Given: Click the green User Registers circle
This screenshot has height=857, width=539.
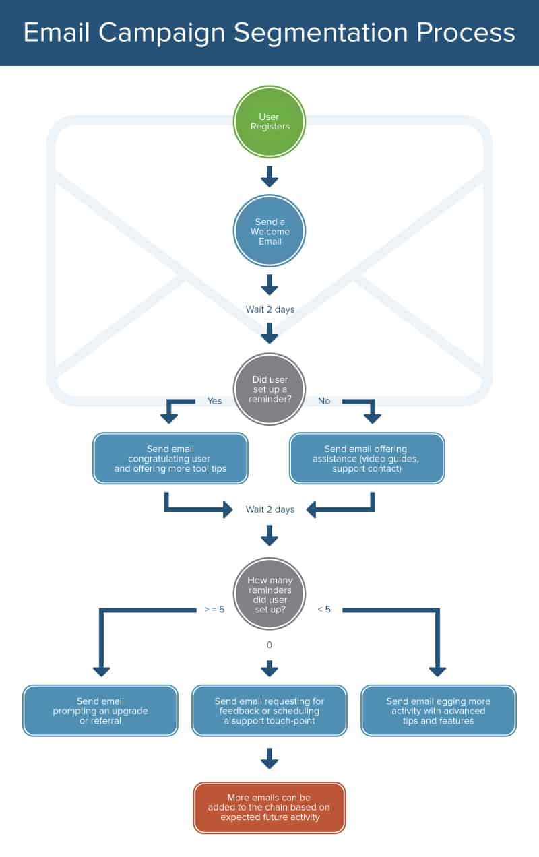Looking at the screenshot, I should [x=269, y=122].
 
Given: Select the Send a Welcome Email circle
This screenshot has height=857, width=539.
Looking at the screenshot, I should [x=269, y=231].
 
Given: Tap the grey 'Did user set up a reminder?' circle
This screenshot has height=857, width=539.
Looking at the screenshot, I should [x=269, y=389].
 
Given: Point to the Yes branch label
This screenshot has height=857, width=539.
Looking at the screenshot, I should [x=214, y=401].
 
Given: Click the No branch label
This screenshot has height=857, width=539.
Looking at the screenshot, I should [x=324, y=401].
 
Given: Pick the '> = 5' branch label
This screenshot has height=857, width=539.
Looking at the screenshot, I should [x=214, y=610].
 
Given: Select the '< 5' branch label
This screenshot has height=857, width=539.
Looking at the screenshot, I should [x=324, y=610].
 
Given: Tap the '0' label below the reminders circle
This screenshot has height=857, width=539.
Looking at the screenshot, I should [x=269, y=645].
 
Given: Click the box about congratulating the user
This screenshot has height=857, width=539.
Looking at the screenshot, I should [x=170, y=458].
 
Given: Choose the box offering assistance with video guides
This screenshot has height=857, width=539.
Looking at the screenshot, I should [x=367, y=458].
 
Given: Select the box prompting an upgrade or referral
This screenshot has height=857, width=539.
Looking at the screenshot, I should [x=100, y=711].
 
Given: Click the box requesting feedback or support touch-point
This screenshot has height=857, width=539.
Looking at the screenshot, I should [x=269, y=711].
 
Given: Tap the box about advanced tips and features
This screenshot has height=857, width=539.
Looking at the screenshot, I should [x=439, y=711].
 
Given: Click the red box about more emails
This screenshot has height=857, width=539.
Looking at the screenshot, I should [x=269, y=807].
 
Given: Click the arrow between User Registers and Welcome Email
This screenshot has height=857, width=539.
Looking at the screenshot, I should [x=269, y=177].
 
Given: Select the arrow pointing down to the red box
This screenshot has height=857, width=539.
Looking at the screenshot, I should [x=269, y=758].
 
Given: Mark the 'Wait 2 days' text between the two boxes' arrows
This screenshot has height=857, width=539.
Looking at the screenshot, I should [x=269, y=509].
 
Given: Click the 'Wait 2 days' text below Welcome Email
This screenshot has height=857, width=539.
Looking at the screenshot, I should [x=269, y=310].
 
